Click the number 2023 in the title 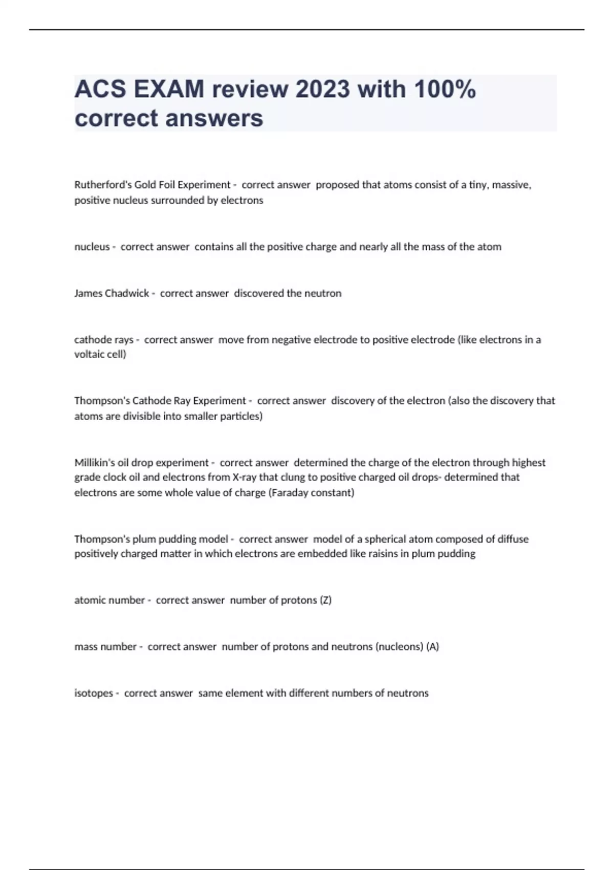pyautogui.click(x=323, y=90)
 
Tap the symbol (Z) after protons pyautogui.click(x=325, y=600)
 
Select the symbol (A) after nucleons pyautogui.click(x=432, y=647)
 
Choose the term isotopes pyautogui.click(x=94, y=693)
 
